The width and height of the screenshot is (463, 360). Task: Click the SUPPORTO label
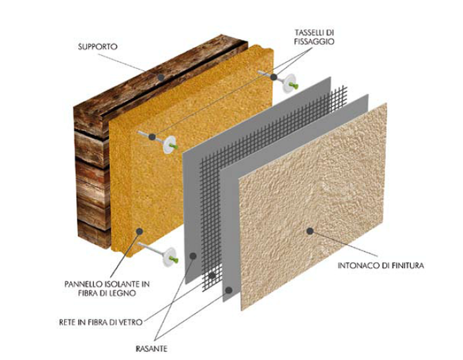click(x=98, y=47)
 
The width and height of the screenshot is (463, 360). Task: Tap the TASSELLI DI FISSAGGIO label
click(x=314, y=37)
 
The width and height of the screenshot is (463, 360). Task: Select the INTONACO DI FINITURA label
click(x=380, y=265)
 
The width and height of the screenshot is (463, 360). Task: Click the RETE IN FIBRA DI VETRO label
click(x=101, y=322)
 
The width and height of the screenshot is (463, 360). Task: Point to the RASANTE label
click(x=151, y=349)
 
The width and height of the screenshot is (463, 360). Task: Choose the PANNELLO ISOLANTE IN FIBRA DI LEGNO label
click(x=107, y=289)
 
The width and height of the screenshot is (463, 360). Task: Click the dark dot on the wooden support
click(x=161, y=77)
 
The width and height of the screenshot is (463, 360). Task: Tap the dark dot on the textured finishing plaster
click(x=310, y=231)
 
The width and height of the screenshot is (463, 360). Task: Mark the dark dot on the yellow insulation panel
click(x=140, y=231)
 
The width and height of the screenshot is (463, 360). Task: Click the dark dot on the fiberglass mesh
click(x=212, y=276)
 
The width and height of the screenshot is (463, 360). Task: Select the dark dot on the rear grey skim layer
click(x=193, y=255)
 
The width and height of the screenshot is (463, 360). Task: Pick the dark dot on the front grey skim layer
click(x=229, y=290)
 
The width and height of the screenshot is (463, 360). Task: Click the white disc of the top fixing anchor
click(x=288, y=83)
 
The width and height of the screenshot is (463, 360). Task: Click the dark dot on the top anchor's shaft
click(x=274, y=77)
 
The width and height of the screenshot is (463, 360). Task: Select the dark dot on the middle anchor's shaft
click(x=152, y=137)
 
